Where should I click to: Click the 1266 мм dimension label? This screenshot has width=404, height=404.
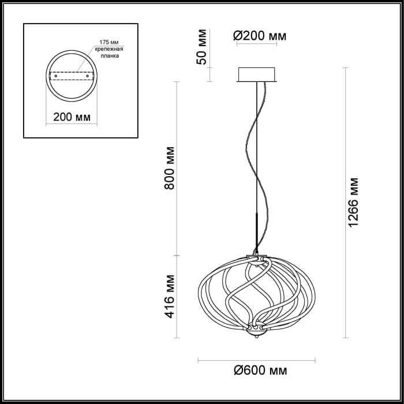coord(353,202)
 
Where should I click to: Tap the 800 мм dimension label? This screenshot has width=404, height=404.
coord(170,168)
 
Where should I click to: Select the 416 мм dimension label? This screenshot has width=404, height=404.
coord(170,296)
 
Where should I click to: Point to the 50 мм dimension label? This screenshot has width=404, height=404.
coord(201,47)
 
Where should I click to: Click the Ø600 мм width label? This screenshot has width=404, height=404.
coord(260,371)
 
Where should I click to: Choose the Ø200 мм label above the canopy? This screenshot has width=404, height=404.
coord(260,36)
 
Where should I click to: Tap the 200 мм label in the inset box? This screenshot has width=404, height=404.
coord(72,117)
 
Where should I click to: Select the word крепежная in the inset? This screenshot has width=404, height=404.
coord(109,49)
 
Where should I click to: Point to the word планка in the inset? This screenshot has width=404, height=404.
coord(110,55)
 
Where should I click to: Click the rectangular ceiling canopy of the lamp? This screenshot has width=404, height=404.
coord(257,74)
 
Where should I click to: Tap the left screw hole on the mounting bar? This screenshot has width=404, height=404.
coord(55,76)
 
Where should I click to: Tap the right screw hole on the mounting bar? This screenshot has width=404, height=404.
coord(87,76)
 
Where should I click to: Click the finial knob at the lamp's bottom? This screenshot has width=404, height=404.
coord(256,334)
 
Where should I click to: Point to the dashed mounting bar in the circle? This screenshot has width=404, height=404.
coord(72,76)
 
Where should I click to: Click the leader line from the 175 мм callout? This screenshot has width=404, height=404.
coord(85,58)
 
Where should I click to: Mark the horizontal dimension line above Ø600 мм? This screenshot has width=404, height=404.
coord(257,361)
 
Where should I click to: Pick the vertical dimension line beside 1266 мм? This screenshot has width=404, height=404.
coord(346,203)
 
